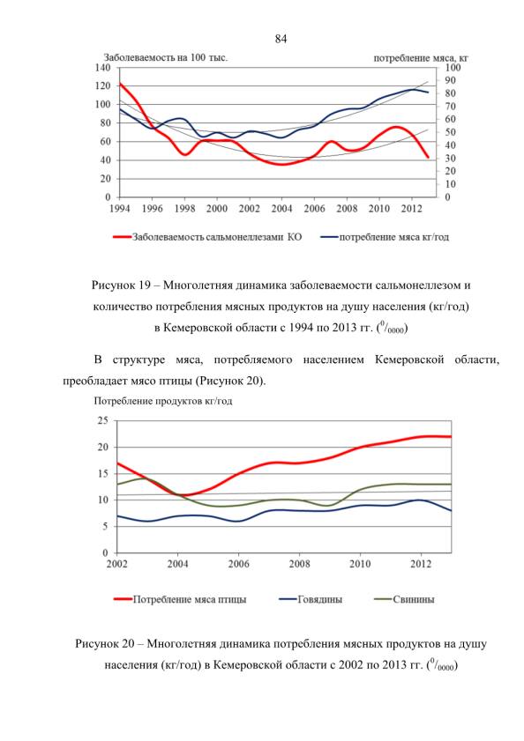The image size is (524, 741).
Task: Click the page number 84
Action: (x=281, y=39)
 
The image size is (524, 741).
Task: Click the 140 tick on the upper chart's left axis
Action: (x=102, y=68)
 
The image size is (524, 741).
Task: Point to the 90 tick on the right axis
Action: (x=453, y=81)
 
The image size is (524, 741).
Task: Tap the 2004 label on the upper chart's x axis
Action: (x=281, y=209)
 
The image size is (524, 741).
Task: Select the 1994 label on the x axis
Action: (x=120, y=209)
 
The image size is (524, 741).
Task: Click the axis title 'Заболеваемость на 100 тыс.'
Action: (x=166, y=57)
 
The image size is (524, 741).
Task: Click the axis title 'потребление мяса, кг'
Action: (x=421, y=58)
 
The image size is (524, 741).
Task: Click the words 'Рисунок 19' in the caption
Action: (x=121, y=285)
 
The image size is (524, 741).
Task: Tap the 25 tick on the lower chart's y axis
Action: (x=102, y=420)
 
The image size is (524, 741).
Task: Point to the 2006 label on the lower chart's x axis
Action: (x=238, y=564)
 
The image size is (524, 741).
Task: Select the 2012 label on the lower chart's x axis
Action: (x=421, y=564)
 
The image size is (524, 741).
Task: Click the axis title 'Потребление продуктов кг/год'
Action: (x=163, y=401)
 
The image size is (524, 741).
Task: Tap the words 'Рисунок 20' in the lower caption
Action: (x=105, y=644)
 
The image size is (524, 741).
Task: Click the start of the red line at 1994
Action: (x=120, y=84)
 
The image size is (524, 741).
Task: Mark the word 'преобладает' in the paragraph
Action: (x=93, y=381)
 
